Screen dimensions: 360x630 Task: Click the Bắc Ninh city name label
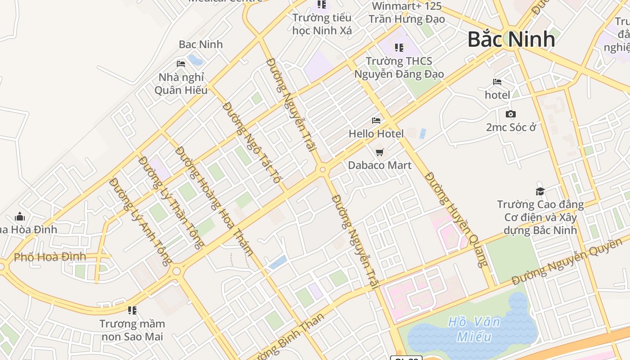(511, 39)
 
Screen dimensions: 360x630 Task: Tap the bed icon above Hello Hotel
(376, 121)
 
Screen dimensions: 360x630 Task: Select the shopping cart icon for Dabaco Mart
(380, 153)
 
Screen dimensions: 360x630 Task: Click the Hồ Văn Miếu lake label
(474, 329)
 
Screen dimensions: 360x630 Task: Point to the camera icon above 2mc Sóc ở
(511, 114)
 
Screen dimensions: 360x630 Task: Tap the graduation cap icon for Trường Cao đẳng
(540, 192)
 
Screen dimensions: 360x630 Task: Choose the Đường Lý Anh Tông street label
(140, 221)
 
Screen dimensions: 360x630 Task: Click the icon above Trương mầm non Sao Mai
(132, 310)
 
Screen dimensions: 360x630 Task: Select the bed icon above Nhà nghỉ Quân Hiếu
(181, 64)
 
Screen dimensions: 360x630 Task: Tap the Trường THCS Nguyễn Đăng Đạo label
(399, 67)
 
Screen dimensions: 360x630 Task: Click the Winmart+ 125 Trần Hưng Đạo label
(406, 13)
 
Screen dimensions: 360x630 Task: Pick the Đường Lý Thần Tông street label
(171, 202)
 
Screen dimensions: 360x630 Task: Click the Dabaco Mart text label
(380, 165)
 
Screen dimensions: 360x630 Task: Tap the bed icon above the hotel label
(497, 82)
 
